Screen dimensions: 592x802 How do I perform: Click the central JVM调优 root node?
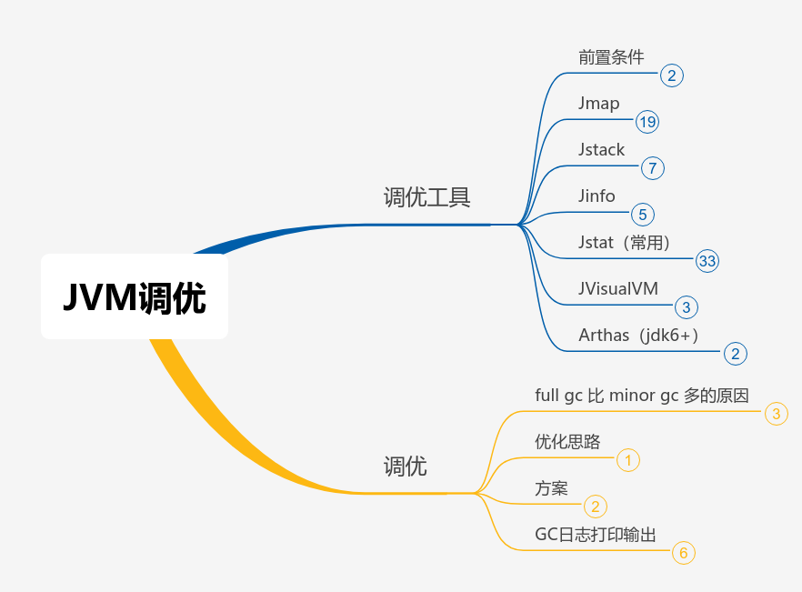click(x=135, y=297)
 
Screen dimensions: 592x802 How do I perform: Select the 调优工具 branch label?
click(x=426, y=197)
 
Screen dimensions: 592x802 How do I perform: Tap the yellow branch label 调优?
click(x=405, y=467)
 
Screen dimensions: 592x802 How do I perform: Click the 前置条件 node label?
click(x=611, y=56)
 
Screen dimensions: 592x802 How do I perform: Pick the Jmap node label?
click(x=598, y=103)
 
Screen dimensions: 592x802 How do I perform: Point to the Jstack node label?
click(x=601, y=149)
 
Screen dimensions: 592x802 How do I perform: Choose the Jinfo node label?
click(x=596, y=196)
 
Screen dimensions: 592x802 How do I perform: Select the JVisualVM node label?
click(x=618, y=288)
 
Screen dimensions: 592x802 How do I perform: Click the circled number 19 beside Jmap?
click(x=647, y=122)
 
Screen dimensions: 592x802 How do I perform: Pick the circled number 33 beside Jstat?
click(x=707, y=261)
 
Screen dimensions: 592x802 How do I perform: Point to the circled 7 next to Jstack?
click(x=653, y=168)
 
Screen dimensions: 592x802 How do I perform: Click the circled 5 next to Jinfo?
click(x=643, y=215)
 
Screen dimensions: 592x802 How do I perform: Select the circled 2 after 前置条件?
click(x=671, y=75)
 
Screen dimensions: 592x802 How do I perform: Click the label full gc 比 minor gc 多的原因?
click(x=642, y=396)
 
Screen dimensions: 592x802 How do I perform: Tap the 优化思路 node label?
click(x=567, y=442)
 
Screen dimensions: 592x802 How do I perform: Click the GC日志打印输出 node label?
click(x=595, y=534)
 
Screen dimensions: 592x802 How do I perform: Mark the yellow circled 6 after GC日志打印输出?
click(x=683, y=553)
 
